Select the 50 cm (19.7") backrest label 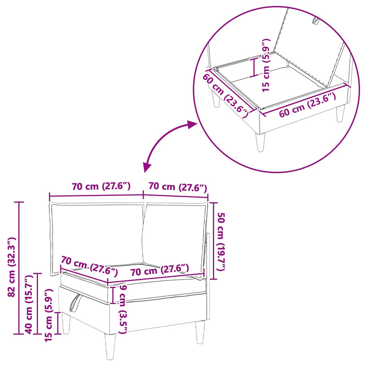(221, 242)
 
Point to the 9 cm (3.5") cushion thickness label (123, 309)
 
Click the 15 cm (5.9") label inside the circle (266, 65)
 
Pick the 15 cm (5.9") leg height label (48, 315)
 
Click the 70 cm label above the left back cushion (101, 186)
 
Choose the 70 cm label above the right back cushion (178, 187)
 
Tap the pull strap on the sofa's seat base (75, 304)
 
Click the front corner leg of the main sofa (110, 346)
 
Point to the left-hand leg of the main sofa (66, 323)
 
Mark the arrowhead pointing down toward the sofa (147, 167)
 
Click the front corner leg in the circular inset (260, 142)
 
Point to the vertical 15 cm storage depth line (254, 67)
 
